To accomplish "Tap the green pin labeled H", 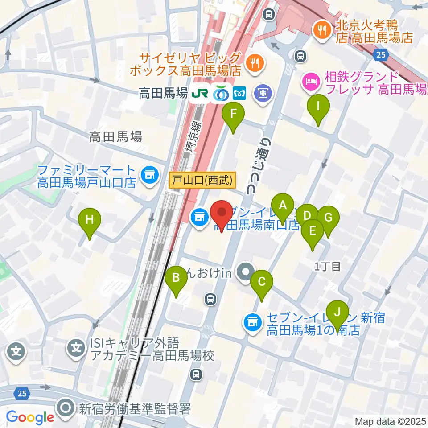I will (90, 219).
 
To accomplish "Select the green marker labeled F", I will (233, 113).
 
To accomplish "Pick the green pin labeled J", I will (337, 311).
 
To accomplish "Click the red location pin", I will (221, 213).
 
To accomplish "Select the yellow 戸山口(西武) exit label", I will (203, 181).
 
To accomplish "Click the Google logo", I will (30, 417).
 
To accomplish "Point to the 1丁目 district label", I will (328, 267).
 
